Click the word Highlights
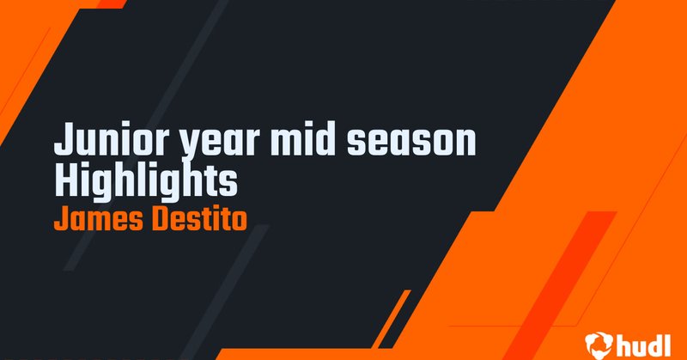click(x=144, y=182)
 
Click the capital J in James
click(x=59, y=218)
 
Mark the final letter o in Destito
click(x=240, y=220)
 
